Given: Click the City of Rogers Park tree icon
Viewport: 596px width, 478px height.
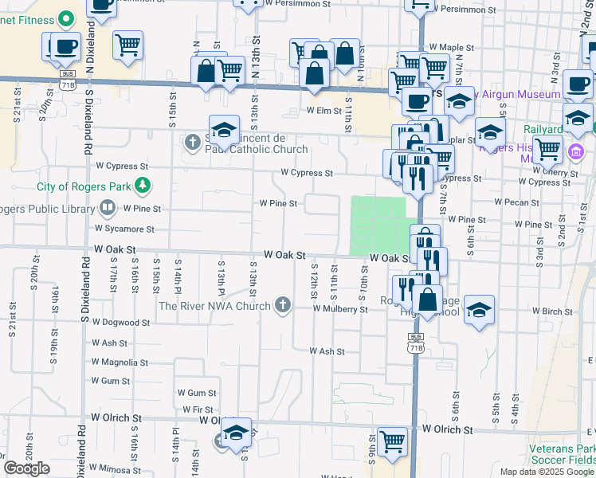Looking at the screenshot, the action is [x=143, y=186].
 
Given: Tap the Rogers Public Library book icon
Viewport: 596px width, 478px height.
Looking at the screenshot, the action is [x=107, y=209].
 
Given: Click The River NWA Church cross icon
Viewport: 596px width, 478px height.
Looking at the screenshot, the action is [x=282, y=304].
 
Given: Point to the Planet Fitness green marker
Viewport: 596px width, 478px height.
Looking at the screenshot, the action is [x=67, y=18].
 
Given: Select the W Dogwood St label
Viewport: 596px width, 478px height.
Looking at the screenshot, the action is [x=120, y=323].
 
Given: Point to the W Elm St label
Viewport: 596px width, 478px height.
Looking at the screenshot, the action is [x=323, y=111].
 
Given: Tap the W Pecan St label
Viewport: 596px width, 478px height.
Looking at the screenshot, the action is [x=516, y=202].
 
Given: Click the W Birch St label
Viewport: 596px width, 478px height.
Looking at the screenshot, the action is [x=552, y=311].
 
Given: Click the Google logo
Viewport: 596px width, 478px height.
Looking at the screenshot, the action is [x=26, y=468].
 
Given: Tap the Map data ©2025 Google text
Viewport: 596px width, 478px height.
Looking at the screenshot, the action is [x=547, y=471].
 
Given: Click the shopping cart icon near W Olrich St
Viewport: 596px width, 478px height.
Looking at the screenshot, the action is [x=392, y=441].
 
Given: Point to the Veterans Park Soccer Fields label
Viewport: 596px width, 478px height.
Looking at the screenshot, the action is [x=562, y=454].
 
